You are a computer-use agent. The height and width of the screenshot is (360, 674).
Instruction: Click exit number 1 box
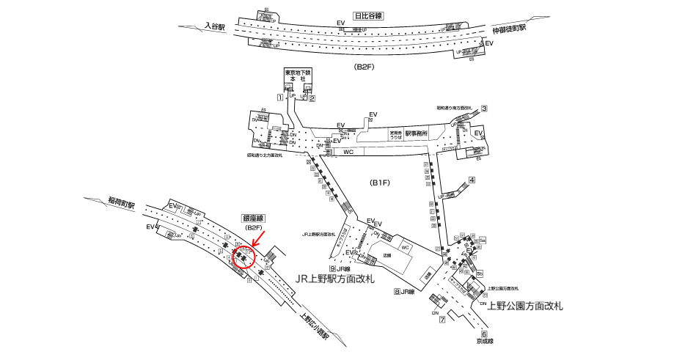coord(279,98)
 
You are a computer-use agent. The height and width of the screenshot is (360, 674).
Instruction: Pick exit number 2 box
coord(312,98)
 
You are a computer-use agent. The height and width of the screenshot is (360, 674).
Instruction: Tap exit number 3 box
coord(484,109)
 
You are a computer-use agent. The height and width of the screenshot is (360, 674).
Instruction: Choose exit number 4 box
coord(472,180)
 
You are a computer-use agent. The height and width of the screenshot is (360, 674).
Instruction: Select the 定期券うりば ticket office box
coord(396,134)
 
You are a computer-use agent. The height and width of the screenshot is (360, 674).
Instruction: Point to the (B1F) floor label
coord(381,185)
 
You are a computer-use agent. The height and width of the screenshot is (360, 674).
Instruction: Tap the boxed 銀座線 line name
coord(252,218)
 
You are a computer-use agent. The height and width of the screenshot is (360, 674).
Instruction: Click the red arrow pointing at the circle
coord(257,238)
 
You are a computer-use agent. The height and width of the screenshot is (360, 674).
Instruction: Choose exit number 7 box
coord(442,320)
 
